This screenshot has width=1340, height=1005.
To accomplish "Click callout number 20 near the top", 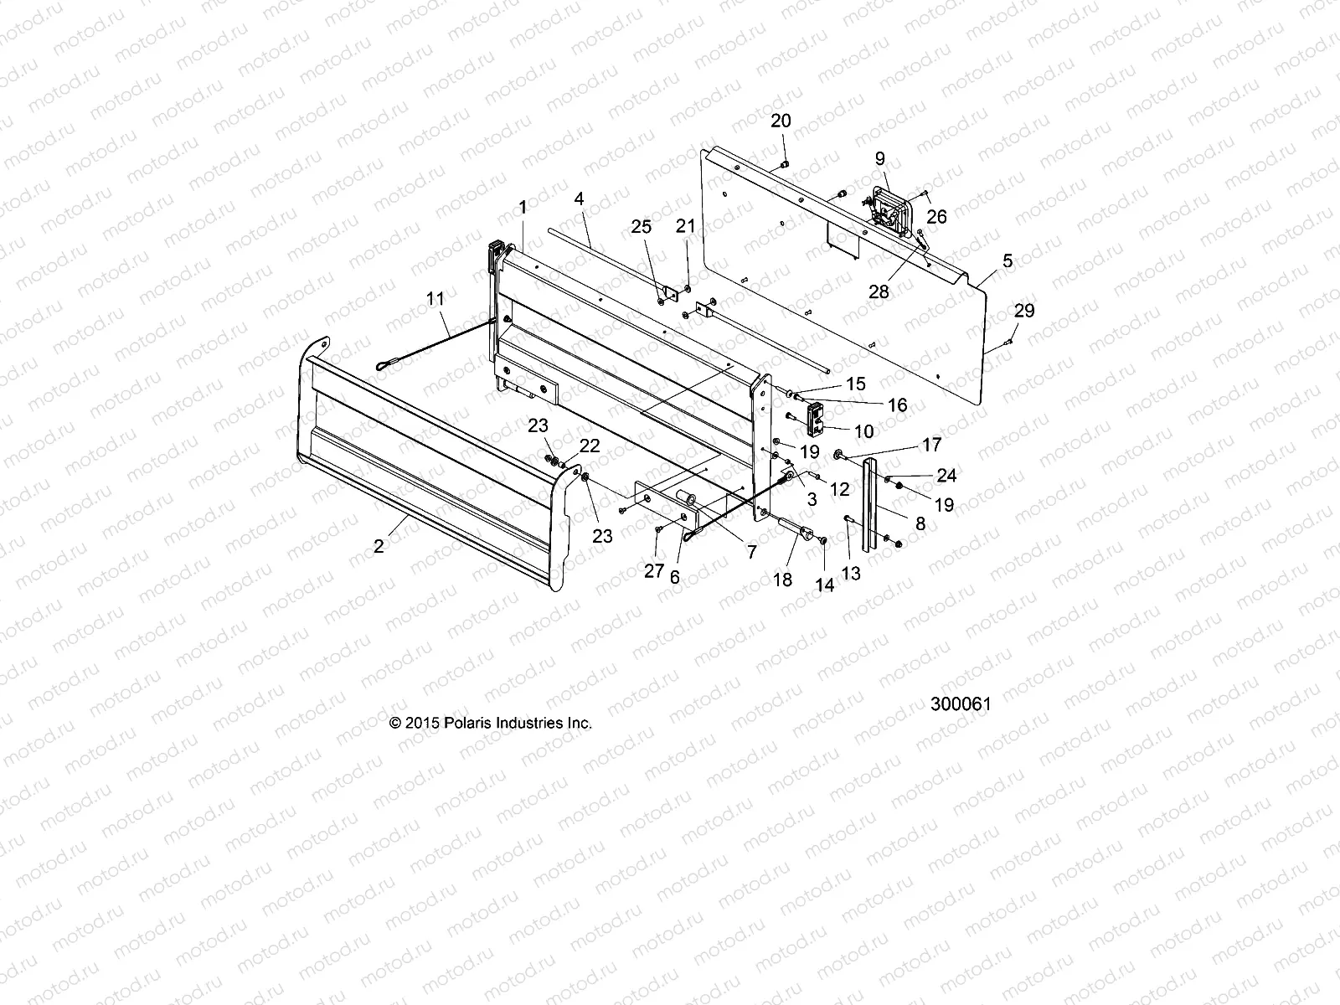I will (x=781, y=121).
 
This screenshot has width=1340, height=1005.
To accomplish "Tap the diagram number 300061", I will (x=961, y=704).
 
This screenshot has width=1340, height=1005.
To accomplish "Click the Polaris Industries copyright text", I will (x=491, y=723).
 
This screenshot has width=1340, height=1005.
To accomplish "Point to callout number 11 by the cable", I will (x=435, y=298).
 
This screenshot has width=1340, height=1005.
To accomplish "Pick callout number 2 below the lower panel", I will (x=379, y=546).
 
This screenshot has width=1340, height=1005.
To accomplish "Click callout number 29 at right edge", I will (x=1024, y=311).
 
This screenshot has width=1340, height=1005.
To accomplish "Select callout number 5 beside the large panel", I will (x=1008, y=260).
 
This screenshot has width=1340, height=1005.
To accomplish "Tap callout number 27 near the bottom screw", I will (x=654, y=571).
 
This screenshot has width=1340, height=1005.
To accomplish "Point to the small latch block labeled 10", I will (x=817, y=419).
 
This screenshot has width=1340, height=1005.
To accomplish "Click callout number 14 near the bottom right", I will (x=825, y=585).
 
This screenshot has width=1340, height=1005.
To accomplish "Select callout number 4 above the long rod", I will (x=601, y=200).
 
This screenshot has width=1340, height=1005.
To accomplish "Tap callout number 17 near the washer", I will (x=931, y=445).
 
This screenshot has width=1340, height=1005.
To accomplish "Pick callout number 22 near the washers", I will (x=590, y=446).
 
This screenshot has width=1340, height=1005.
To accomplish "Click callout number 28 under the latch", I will (x=879, y=291).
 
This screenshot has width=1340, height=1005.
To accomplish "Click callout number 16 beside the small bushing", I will (x=897, y=405).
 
